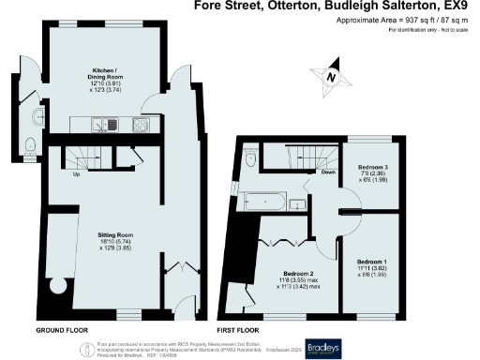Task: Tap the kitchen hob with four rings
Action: click(x=141, y=125)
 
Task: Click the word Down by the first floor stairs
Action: click(x=328, y=172)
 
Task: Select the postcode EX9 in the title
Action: click(x=463, y=6)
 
